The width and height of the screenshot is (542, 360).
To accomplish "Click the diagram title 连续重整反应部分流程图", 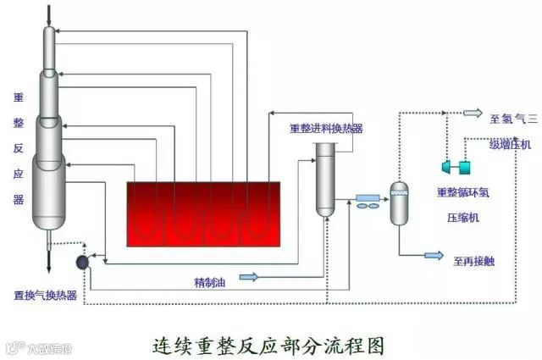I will coord(268,345).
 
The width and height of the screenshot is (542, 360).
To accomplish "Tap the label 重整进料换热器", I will coord(326,129).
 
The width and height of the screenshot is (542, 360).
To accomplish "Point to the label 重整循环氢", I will coord(462,193).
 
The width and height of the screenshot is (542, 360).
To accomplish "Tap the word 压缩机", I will coord(462,217).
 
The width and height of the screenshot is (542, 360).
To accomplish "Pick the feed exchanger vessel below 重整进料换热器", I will coord(326,179).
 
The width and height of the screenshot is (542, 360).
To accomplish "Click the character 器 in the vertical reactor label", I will coord(19,200).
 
